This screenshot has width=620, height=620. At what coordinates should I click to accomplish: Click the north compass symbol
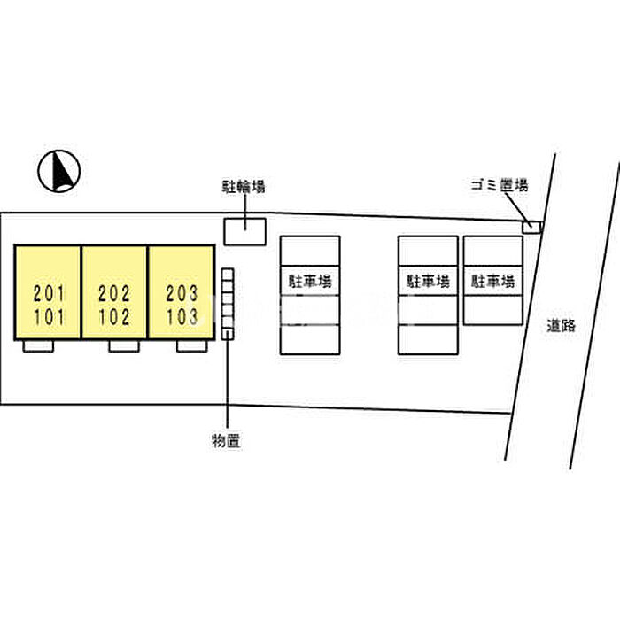coord(59,171)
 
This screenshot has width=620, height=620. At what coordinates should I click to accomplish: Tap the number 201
coord(49,293)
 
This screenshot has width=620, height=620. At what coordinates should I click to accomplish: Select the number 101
coord(49,317)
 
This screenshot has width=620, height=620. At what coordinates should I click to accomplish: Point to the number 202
coord(114,293)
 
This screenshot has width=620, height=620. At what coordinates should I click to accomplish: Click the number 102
coord(114,317)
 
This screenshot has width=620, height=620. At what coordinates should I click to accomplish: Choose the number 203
coord(182,293)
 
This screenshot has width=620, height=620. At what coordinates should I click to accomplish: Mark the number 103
coord(182,317)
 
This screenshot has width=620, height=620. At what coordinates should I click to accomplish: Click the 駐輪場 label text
coord(244,187)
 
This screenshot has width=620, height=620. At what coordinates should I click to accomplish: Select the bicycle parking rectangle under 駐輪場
coord(245,232)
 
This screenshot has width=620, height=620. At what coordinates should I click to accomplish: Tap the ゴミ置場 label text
coord(500,185)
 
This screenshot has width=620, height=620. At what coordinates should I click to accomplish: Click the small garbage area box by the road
coord(531,227)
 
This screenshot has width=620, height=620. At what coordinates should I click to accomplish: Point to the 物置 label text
coord(226,441)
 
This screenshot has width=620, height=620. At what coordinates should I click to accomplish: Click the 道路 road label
coord(561,325)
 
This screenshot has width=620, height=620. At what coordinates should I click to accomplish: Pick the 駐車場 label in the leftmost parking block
coord(310,282)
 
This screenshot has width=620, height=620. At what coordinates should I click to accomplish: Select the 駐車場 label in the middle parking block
coord(428,282)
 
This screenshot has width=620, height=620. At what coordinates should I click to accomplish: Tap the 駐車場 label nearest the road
coord(493,282)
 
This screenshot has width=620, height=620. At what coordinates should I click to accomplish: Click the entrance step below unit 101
coord(38,346)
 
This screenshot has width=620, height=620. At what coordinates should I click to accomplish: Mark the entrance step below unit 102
coord(124,346)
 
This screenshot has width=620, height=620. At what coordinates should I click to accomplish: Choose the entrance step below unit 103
coord(192,346)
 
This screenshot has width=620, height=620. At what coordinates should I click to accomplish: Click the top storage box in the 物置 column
coord(228,275)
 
